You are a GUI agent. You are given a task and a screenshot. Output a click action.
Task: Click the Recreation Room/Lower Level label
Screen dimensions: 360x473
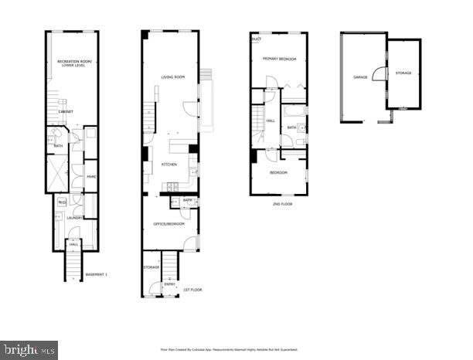[74, 63]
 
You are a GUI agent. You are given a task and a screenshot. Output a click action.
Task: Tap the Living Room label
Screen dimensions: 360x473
[172, 77]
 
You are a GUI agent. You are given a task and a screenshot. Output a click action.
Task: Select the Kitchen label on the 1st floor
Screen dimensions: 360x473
[169, 165]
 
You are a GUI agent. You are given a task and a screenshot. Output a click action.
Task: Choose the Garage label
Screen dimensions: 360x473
[360, 77]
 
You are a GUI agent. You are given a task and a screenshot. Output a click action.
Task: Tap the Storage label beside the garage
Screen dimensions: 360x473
[403, 73]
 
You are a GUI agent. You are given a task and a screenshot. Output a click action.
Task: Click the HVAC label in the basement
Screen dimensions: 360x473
[90, 177]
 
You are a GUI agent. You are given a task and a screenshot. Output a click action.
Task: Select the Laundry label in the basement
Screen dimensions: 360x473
[74, 218]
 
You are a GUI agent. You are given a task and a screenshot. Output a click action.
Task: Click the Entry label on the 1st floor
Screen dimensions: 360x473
[170, 284]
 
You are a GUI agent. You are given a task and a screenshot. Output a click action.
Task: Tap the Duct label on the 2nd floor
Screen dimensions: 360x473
[256, 38]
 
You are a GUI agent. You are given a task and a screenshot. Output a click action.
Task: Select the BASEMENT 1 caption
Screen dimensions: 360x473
[96, 275]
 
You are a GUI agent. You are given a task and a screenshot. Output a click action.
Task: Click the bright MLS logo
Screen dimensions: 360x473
[29, 349]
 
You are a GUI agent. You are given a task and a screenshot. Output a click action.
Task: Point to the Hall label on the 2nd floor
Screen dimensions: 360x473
[271, 121]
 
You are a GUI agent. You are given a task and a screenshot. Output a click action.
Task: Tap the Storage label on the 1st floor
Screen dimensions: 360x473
[151, 267]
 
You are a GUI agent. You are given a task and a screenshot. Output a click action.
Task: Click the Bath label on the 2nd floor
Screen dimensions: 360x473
[291, 127]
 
